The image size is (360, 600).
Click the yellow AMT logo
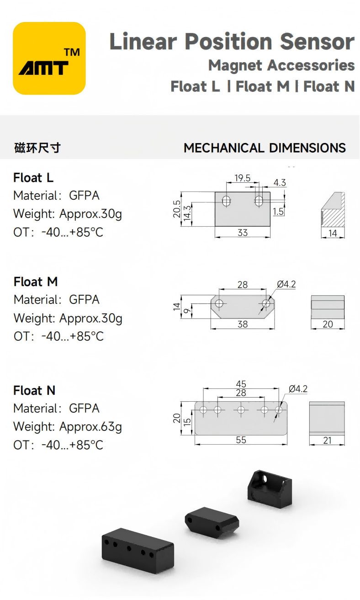pos(49,58)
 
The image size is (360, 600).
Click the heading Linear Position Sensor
pos(232,42)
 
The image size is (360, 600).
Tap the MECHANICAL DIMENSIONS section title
pos(265,148)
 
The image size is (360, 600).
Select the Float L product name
pos(33,177)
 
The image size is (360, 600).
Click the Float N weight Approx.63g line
pos(68,426)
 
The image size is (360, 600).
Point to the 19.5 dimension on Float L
pos(242,178)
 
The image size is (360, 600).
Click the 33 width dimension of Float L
pos(243,233)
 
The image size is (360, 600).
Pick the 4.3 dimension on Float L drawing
pos(280,183)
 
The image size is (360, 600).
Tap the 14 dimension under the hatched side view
pos(333,233)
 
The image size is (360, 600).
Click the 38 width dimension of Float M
pos(243,324)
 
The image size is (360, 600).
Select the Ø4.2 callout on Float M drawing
pos(286,284)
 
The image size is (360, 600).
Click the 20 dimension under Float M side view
pos(328,324)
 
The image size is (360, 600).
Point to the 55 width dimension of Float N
pos(241,440)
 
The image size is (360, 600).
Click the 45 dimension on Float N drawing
pos(241,384)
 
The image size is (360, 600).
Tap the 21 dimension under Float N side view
pos(327,441)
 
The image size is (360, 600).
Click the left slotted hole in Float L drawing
pos(226,200)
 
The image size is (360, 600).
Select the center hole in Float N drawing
pos(241,410)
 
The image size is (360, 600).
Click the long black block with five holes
pos(138,550)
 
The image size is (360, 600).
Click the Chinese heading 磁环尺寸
pos(37,148)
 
